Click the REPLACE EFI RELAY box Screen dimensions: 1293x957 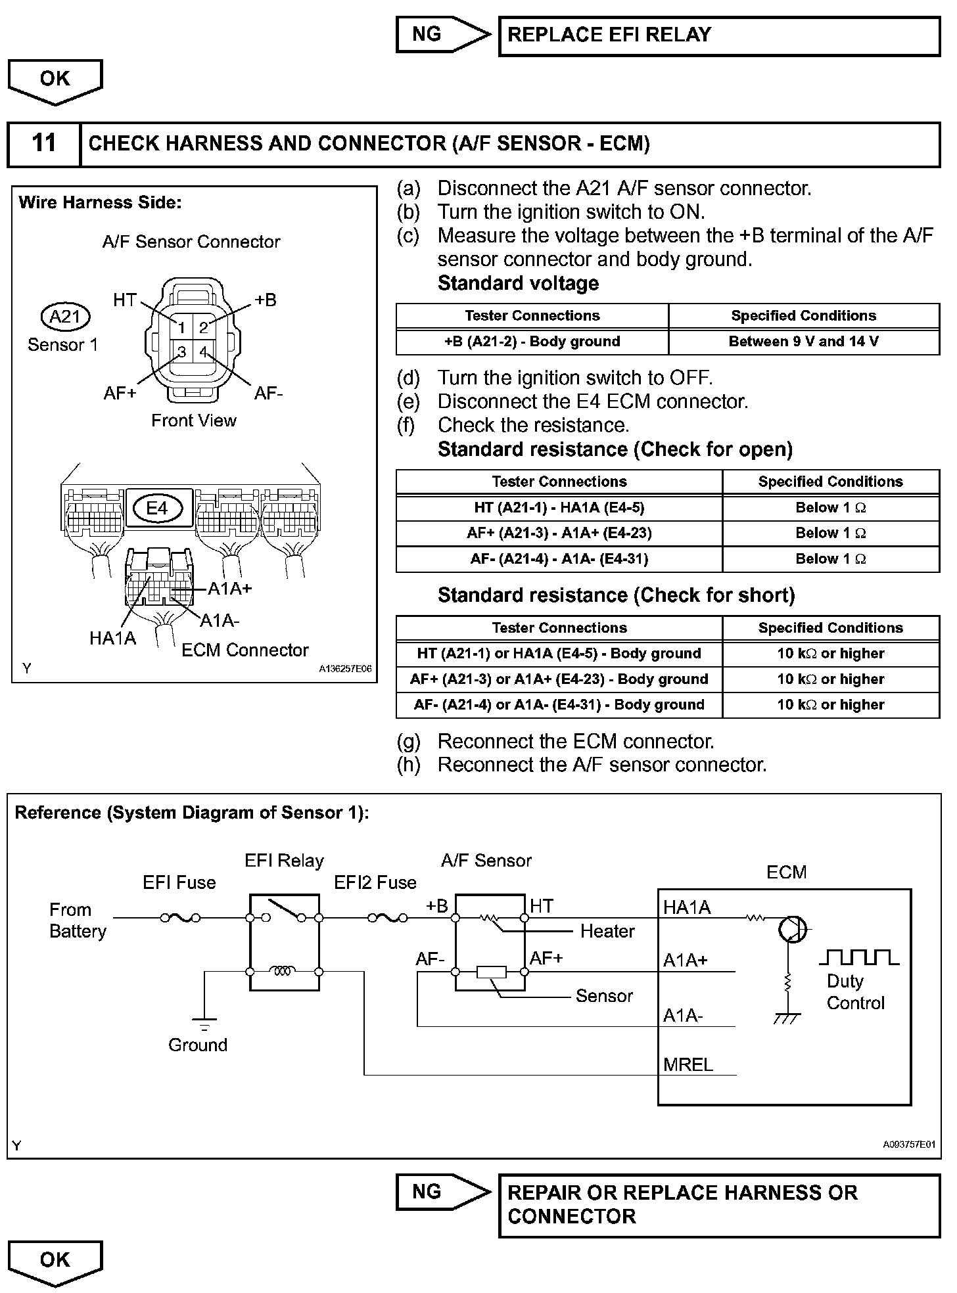point(719,36)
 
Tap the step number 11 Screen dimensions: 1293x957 point(44,144)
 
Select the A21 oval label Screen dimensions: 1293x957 point(65,317)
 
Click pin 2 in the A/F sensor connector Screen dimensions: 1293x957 point(204,327)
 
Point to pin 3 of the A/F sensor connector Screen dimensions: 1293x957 point(182,352)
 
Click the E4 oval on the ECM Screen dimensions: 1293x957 point(157,508)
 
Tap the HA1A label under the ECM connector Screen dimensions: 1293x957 point(112,638)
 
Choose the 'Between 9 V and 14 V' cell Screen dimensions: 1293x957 point(803,342)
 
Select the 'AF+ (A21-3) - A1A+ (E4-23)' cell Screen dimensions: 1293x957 point(559,533)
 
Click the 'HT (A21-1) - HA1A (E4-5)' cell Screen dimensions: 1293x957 point(559,508)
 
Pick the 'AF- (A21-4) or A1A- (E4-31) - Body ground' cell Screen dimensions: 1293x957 point(559,705)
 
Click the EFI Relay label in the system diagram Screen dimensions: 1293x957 point(284,861)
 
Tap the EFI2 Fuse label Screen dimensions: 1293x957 point(375,882)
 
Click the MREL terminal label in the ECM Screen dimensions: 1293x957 point(688,1064)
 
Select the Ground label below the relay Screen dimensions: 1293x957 point(198,1045)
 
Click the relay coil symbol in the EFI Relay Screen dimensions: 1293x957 point(283,971)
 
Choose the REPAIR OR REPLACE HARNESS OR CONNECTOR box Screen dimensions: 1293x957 point(719,1205)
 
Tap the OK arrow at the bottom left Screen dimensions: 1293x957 point(55,1261)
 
